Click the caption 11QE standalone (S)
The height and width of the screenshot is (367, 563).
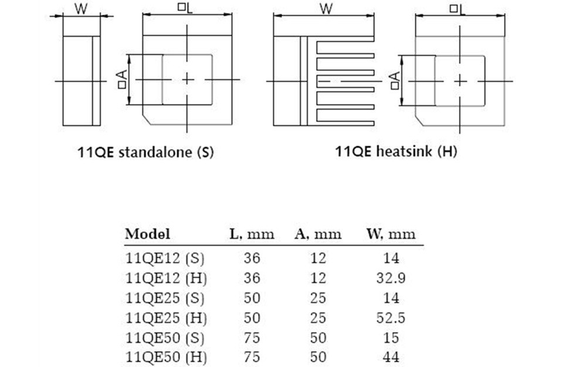pos(145,152)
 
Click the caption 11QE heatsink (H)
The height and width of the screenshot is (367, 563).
pos(396,151)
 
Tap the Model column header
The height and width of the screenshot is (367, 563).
pos(148,234)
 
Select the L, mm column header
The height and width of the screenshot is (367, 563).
pos(252,234)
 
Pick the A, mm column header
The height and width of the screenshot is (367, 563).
pos(318,234)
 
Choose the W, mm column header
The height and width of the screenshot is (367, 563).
pos(391,234)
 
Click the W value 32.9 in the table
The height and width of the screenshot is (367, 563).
pos(391,278)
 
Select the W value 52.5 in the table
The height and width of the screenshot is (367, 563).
pos(391,318)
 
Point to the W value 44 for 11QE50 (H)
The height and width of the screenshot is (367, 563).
pos(391,357)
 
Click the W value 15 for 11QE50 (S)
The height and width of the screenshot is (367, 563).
pos(391,338)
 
